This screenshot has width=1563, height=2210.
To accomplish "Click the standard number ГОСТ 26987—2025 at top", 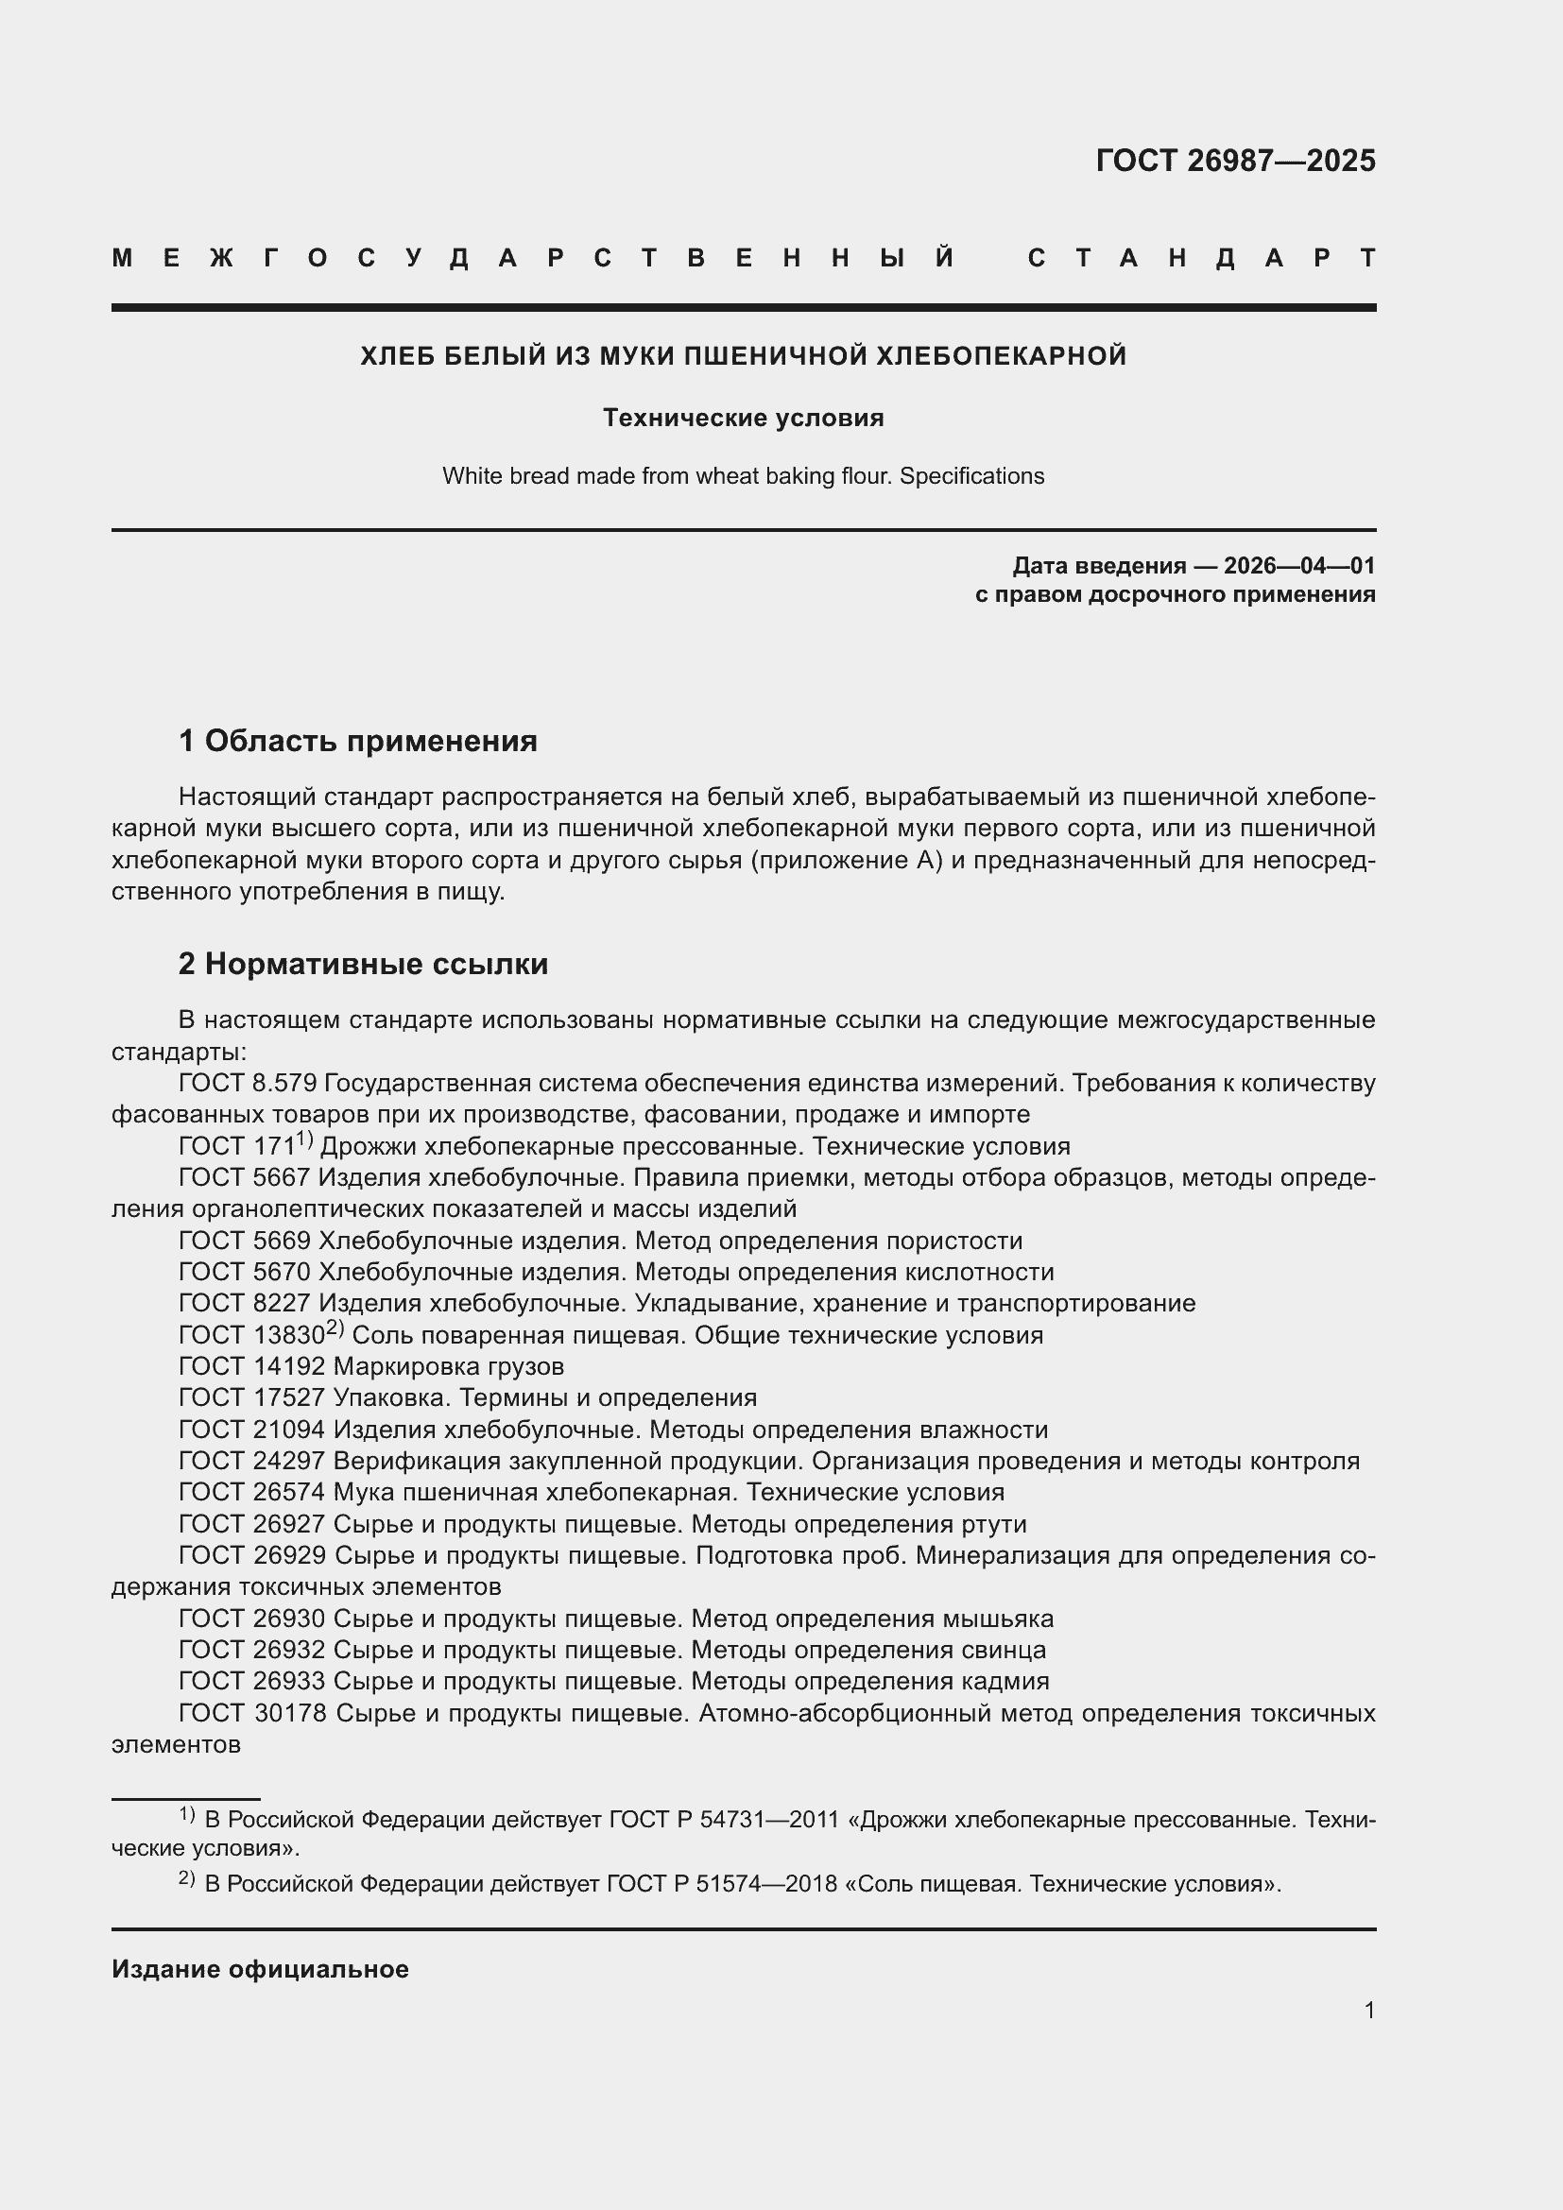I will [1235, 160].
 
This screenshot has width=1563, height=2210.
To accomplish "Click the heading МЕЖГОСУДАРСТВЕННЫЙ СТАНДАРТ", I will [743, 258].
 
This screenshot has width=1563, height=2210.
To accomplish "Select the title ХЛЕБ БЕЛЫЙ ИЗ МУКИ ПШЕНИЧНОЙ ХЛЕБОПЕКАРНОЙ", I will [743, 356].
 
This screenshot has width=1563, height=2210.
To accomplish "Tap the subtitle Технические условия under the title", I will [743, 418].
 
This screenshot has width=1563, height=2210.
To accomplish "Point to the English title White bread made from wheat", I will [743, 475].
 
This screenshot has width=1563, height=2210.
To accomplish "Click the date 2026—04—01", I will [1299, 565].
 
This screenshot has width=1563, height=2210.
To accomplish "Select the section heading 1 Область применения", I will [357, 741].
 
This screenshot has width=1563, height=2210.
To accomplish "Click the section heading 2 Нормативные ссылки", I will [363, 964].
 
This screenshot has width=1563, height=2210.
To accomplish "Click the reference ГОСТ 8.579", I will [248, 1083].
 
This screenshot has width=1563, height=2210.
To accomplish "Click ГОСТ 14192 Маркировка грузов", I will [370, 1366].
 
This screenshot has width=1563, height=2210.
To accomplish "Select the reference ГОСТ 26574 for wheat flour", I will [252, 1492].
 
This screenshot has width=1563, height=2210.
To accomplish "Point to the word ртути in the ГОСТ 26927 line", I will [994, 1524].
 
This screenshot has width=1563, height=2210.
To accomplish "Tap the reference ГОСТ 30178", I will [252, 1713].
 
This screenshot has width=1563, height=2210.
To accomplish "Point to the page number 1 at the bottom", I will [1368, 2010].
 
